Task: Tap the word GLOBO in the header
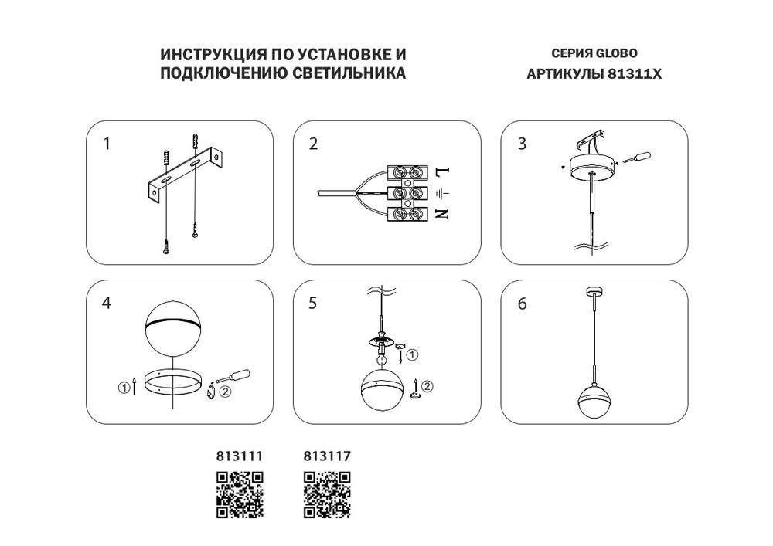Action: pos(616,54)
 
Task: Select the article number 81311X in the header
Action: pos(635,75)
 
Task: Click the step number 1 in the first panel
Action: pos(107,144)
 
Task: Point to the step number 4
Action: pos(107,304)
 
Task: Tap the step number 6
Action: pos(522,304)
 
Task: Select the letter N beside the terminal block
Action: pos(442,214)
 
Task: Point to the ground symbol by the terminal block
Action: pos(443,192)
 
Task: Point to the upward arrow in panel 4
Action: pos(136,386)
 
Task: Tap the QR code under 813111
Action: pos(239,493)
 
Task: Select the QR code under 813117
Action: pos(327,493)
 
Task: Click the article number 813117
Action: pos(327,457)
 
